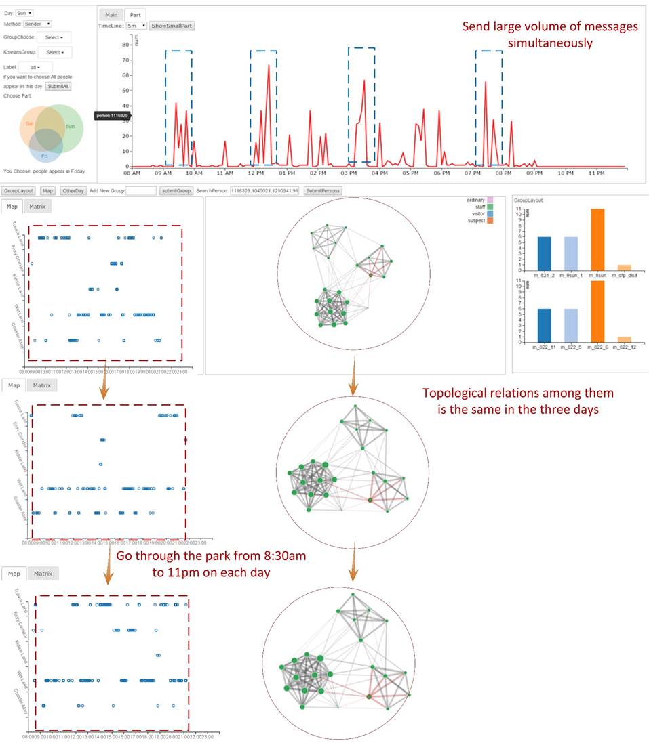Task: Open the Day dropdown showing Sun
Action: (x=25, y=13)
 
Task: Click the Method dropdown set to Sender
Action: (x=37, y=24)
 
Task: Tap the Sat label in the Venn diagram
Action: (x=30, y=124)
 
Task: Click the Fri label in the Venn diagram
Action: (x=45, y=156)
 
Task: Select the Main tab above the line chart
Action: (x=111, y=15)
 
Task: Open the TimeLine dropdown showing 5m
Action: (x=136, y=26)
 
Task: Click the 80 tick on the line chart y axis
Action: (x=125, y=45)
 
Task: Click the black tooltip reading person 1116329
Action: (x=112, y=116)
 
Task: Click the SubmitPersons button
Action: (x=322, y=191)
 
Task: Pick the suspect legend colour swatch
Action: (x=490, y=221)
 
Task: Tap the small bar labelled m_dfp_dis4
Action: (x=625, y=267)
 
